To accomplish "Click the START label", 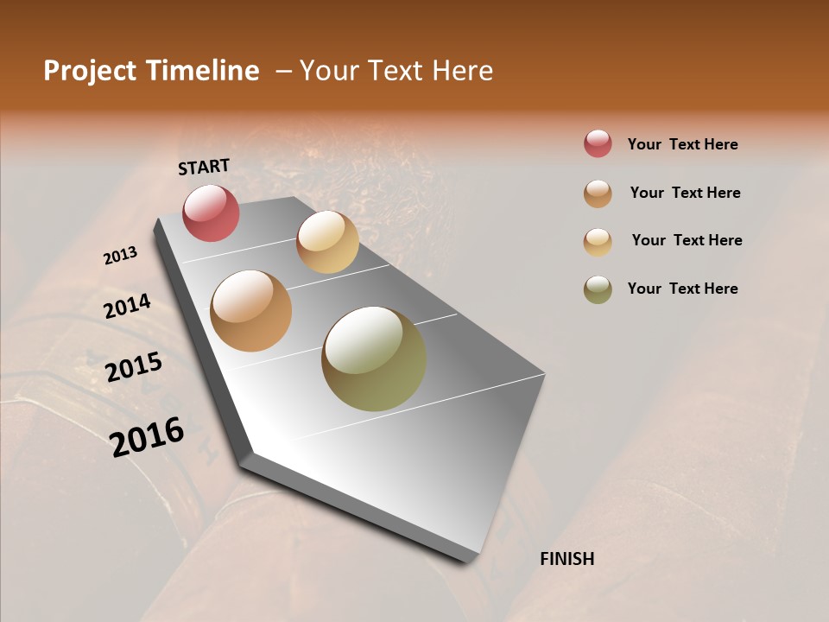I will (x=204, y=167).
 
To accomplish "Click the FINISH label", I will (x=567, y=559).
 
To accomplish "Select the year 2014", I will (x=128, y=307).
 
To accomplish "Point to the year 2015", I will (x=134, y=367).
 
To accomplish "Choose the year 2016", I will (x=148, y=436).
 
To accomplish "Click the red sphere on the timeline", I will (x=211, y=213).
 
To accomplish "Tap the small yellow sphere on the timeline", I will (x=327, y=241).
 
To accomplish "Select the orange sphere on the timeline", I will (x=250, y=311).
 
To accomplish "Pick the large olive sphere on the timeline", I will (x=374, y=359).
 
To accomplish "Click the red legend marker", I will (x=598, y=143).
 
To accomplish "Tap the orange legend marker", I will (x=598, y=193).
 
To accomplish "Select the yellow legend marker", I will (x=598, y=241).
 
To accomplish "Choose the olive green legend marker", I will (x=598, y=289).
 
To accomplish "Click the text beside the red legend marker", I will (x=682, y=144).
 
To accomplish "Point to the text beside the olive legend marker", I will (x=682, y=289).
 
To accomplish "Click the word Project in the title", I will (x=89, y=71).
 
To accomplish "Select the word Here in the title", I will (x=462, y=71).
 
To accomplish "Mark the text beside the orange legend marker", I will (x=685, y=193).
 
